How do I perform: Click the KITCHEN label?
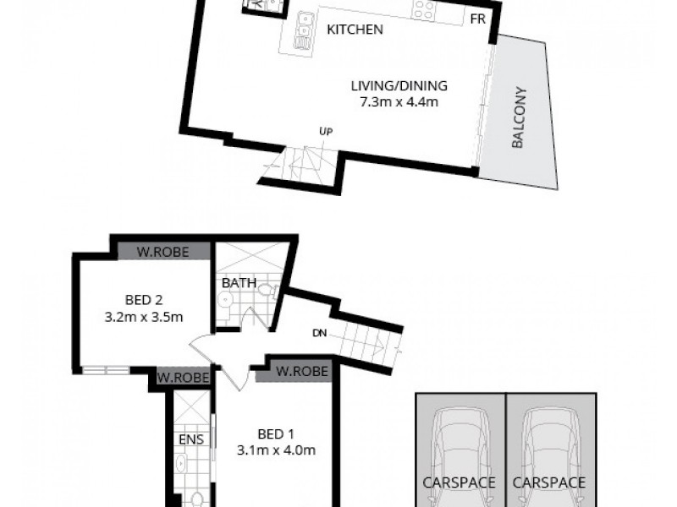tap(355, 30)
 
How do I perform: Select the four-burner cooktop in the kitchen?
tap(425, 9)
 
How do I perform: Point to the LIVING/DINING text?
tap(399, 85)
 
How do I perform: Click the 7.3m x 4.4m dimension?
tap(399, 102)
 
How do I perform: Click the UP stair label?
tap(325, 131)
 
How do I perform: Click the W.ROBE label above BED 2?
tap(162, 251)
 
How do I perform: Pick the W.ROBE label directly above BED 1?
tap(299, 371)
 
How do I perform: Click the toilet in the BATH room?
tap(266, 291)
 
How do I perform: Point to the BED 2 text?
tap(143, 300)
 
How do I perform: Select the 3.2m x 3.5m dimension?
tap(143, 317)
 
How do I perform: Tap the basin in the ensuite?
tap(181, 464)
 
